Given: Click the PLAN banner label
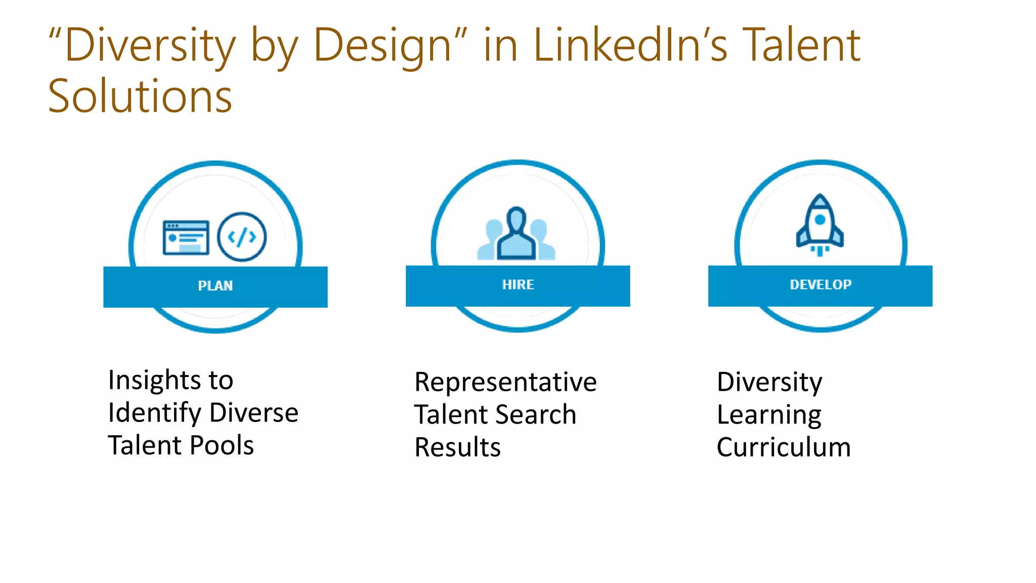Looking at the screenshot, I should click(x=215, y=286).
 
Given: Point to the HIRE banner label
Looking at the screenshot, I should click(x=518, y=285).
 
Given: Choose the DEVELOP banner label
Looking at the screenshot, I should click(x=821, y=285).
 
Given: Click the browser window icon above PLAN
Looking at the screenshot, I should click(x=186, y=237).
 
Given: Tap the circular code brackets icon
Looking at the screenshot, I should click(x=242, y=236).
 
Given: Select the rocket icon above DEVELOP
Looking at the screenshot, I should click(x=820, y=225).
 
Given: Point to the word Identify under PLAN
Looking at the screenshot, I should click(x=154, y=413).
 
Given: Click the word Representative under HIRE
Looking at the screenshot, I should click(x=505, y=382).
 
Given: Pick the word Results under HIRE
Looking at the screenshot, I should click(x=457, y=447).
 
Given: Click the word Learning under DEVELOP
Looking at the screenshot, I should click(x=769, y=415).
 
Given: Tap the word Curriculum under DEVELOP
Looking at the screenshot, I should click(x=784, y=447).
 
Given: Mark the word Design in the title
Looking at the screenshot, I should click(x=382, y=47).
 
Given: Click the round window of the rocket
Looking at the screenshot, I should click(x=820, y=220).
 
